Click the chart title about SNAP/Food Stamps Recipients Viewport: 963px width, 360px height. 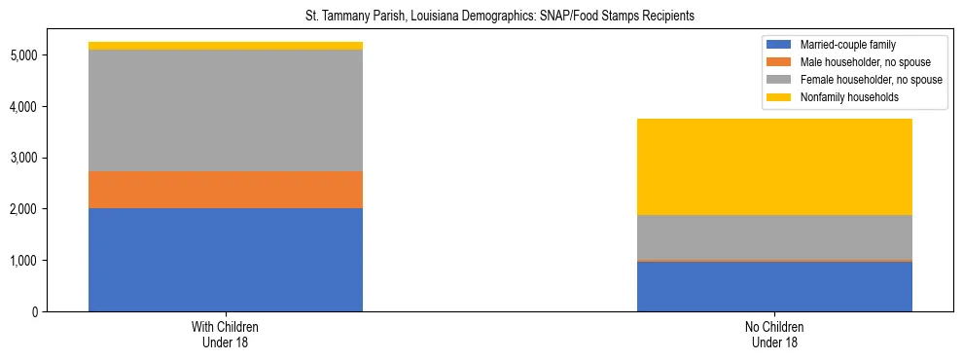coord(481,17)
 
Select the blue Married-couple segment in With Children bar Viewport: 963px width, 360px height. coord(226,260)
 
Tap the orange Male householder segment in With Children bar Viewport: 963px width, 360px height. coord(226,190)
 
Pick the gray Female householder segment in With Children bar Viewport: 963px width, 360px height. coord(226,110)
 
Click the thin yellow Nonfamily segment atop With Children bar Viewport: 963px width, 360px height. coord(226,46)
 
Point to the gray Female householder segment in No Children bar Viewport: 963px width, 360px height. coord(774,237)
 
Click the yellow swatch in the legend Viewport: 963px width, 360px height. coord(779,97)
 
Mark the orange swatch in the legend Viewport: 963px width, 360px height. coord(779,62)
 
